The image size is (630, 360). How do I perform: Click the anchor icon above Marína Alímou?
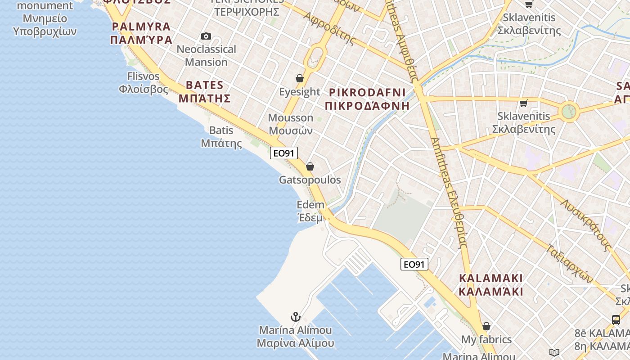[x=295, y=317]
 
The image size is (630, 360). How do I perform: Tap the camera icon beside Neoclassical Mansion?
[x=206, y=36]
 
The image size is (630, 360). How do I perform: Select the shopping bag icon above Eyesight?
[x=300, y=79]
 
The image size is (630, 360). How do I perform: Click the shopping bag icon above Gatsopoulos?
[x=310, y=167]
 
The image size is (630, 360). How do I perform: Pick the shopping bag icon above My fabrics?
[x=486, y=326]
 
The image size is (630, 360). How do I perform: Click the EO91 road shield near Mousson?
[x=284, y=153]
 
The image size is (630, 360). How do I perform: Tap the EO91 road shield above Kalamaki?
[x=414, y=264]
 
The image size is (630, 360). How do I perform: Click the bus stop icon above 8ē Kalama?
[x=616, y=320]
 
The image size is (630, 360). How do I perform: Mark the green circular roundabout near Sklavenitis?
[x=569, y=111]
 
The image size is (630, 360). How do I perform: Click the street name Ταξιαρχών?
[x=570, y=263]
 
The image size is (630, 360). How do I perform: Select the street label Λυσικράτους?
[x=585, y=225]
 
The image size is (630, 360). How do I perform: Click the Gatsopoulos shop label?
[x=310, y=180]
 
